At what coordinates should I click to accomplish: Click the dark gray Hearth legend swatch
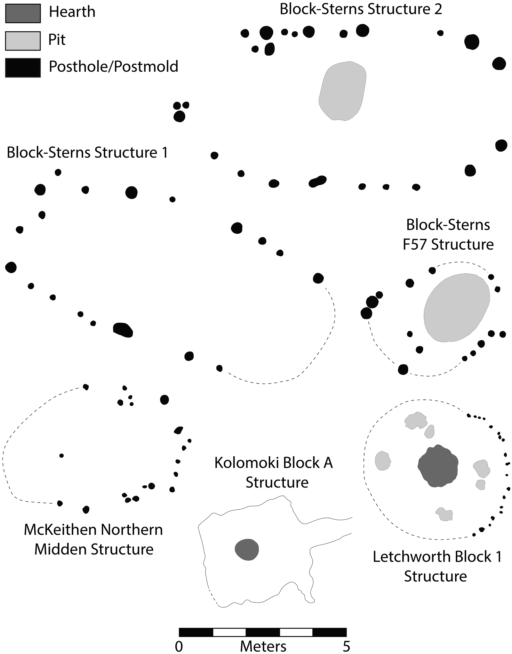(23, 13)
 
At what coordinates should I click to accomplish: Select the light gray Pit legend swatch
(23, 41)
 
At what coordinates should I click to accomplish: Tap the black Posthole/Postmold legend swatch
(23, 68)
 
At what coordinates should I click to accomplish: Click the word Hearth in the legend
(72, 12)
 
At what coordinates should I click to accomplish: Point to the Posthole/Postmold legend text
(113, 67)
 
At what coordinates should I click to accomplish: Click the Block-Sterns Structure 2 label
(361, 9)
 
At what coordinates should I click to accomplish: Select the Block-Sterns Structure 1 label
(87, 152)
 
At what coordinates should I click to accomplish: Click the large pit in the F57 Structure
(457, 308)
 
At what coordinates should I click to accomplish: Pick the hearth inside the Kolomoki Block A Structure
(246, 549)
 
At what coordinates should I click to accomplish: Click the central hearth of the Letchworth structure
(438, 466)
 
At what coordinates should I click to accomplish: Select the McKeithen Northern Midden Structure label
(93, 539)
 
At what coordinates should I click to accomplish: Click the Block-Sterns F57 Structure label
(448, 235)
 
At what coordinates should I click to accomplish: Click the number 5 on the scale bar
(346, 647)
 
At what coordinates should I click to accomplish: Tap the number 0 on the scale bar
(179, 647)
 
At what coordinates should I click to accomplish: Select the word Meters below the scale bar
(263, 647)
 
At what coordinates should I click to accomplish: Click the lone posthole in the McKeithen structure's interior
(61, 456)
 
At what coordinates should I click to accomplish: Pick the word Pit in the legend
(57, 40)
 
